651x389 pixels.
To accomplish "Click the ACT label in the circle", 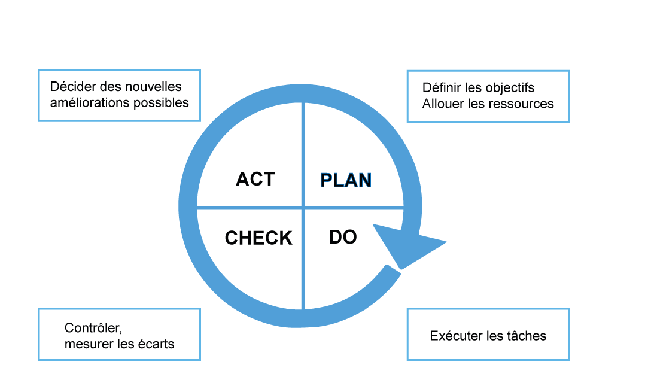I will [x=255, y=179].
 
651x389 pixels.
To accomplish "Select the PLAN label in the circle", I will [x=346, y=180].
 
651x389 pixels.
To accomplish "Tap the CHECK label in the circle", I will [x=258, y=238].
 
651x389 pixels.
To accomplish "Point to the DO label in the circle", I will [x=343, y=237].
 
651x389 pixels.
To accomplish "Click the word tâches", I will [x=527, y=336].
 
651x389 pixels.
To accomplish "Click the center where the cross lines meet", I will [x=304, y=208].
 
